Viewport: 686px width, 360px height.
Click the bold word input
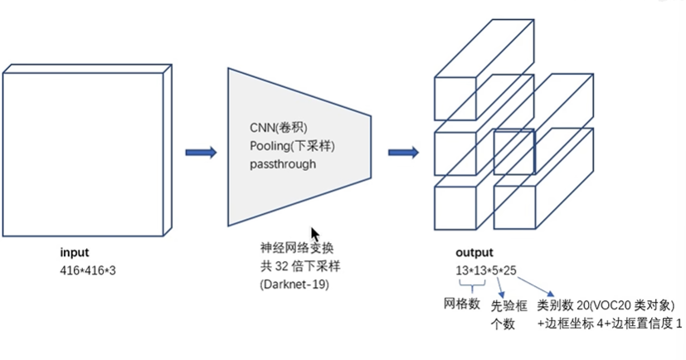click(74, 252)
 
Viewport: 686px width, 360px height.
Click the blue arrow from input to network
click(201, 152)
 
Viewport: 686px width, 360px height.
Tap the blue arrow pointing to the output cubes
click(403, 152)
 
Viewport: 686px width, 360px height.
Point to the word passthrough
click(283, 164)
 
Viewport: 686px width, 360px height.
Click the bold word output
click(474, 253)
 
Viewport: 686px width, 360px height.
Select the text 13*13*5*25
click(485, 270)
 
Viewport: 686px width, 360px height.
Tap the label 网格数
click(463, 304)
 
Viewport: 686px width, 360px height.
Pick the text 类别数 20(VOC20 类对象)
click(611, 305)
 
